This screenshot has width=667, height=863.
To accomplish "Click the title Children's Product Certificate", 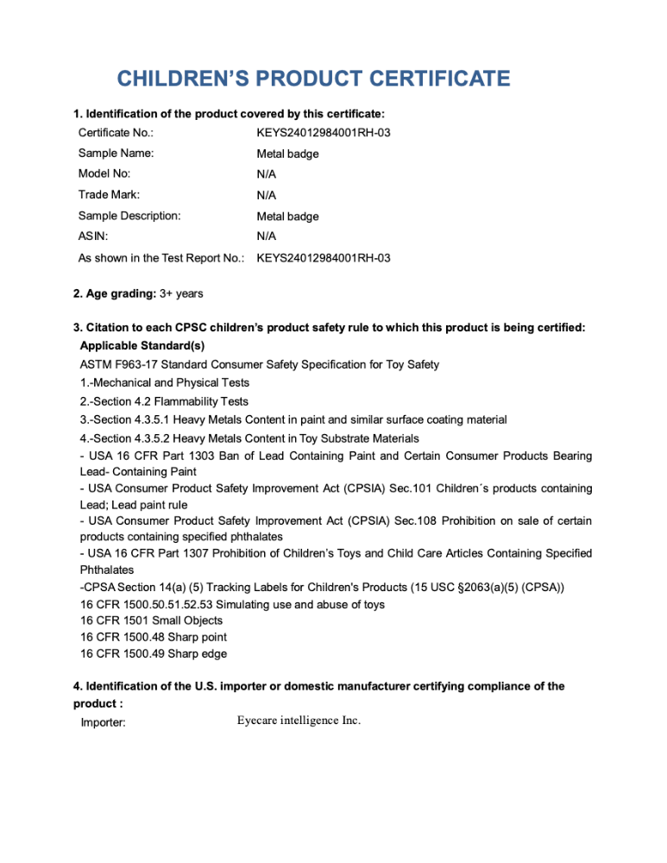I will pyautogui.click(x=313, y=80).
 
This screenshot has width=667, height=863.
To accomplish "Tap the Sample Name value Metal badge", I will pyautogui.click(x=287, y=154).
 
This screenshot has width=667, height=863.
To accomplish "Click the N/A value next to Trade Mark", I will pyautogui.click(x=267, y=195).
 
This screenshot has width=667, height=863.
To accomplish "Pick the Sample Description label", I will pyautogui.click(x=129, y=216).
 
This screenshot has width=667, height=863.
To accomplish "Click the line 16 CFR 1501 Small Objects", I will pyautogui.click(x=151, y=620).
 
